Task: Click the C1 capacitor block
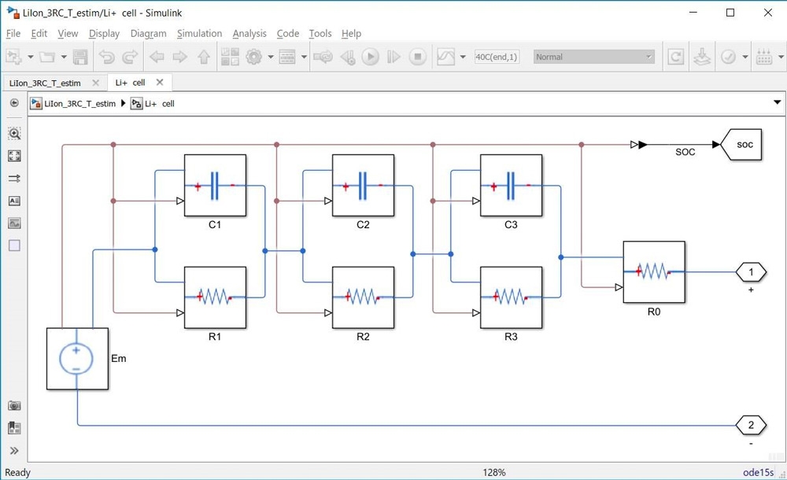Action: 215,185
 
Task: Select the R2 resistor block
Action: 363,297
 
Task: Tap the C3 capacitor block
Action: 511,185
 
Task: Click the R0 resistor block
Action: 654,272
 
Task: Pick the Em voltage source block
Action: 77,359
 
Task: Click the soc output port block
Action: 741,145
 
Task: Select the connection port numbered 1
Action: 751,272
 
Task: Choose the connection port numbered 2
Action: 751,425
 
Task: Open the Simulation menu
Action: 199,34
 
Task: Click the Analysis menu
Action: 249,34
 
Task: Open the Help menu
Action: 351,34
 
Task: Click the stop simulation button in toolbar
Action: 418,57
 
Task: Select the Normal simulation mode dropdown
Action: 594,57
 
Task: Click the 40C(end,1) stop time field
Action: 497,57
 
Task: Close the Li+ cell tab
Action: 160,83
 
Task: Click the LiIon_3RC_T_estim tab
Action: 45,83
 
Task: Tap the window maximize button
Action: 730,13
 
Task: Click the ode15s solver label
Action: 759,472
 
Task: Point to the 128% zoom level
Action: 494,472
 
